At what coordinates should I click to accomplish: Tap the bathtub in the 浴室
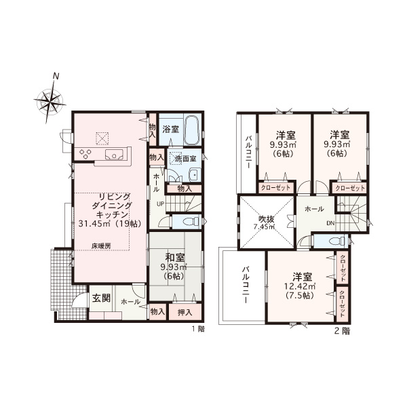coord(192,130)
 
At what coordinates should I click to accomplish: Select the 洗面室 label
coord(185,158)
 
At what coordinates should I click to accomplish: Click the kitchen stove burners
coord(85,153)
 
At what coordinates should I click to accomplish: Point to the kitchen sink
coord(114,155)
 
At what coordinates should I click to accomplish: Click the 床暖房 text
coord(101,246)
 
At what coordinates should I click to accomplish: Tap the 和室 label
coord(175,258)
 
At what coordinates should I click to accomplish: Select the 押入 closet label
coord(185,312)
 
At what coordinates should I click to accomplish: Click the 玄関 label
coord(101,298)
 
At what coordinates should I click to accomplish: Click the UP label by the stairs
coord(160,203)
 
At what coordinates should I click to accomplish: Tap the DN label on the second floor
coord(331,222)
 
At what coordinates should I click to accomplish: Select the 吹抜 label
coord(267,219)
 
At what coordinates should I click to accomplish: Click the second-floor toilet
coord(336,241)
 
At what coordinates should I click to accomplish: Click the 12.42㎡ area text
coord(300,286)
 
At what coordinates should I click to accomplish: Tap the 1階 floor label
coord(198,329)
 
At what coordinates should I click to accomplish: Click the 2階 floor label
coord(342,331)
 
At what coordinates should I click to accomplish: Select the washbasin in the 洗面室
coord(195,175)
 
